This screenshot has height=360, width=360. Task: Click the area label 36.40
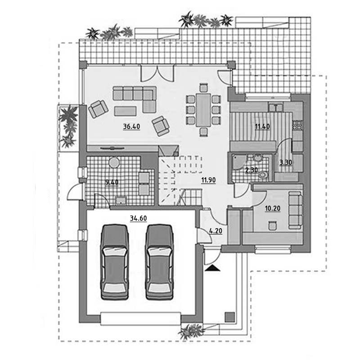pyautogui.click(x=131, y=126)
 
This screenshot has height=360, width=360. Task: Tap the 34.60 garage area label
pyautogui.click(x=138, y=218)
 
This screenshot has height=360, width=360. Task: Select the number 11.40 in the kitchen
pyautogui.click(x=262, y=126)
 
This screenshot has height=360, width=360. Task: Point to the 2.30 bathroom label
pyautogui.click(x=252, y=170)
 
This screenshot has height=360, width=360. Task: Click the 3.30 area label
pyautogui.click(x=286, y=162)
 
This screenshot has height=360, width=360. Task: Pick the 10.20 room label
pyautogui.click(x=273, y=208)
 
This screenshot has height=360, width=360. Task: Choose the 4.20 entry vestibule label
pyautogui.click(x=216, y=231)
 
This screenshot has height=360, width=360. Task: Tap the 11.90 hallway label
pyautogui.click(x=208, y=180)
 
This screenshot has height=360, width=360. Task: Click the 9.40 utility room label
pyautogui.click(x=112, y=182)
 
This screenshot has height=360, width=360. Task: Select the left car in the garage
pyautogui.click(x=114, y=262)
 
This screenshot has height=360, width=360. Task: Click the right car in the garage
pyautogui.click(x=159, y=262)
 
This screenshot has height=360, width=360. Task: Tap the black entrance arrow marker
pyautogui.click(x=212, y=268)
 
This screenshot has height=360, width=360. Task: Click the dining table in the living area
pyautogui.click(x=203, y=110)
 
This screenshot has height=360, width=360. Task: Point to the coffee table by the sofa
pyautogui.click(x=126, y=111)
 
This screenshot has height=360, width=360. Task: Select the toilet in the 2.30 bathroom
pyautogui.click(x=264, y=175)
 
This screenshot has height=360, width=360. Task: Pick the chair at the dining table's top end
pyautogui.click(x=203, y=88)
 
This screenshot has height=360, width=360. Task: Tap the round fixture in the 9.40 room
pyautogui.click(x=114, y=162)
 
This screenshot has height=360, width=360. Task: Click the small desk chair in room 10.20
pyautogui.click(x=273, y=225)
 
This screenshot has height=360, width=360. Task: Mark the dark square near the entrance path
pyautogui.click(x=229, y=317)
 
